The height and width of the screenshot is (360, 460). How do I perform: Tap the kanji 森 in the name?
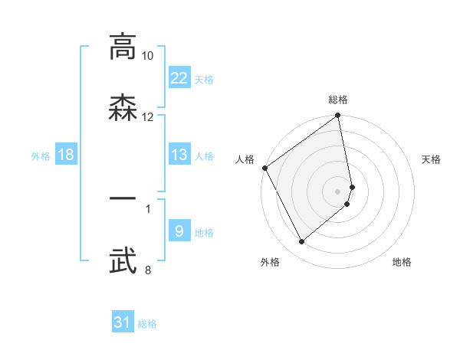point(123,107)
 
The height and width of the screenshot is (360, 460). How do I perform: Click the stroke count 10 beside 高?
point(148,56)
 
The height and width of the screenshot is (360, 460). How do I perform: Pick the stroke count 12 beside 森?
point(148,117)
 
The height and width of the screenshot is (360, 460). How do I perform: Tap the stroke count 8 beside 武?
point(148,270)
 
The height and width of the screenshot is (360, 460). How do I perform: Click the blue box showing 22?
point(179,78)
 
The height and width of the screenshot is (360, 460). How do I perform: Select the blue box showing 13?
point(179,155)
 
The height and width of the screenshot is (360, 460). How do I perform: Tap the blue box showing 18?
point(66,155)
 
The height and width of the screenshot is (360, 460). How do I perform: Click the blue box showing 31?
point(123,322)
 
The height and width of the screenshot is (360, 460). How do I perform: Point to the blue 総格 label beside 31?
point(147,324)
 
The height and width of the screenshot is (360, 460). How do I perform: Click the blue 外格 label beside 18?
point(41,156)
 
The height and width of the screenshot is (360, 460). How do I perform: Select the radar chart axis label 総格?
point(338,100)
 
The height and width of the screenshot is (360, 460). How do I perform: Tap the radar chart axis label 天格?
point(431,159)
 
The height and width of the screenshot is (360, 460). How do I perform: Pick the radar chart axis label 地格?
point(402,263)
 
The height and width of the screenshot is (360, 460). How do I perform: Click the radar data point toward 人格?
point(264,168)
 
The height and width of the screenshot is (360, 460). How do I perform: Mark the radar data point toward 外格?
point(301,242)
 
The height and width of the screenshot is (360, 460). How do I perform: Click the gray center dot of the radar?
point(338,191)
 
